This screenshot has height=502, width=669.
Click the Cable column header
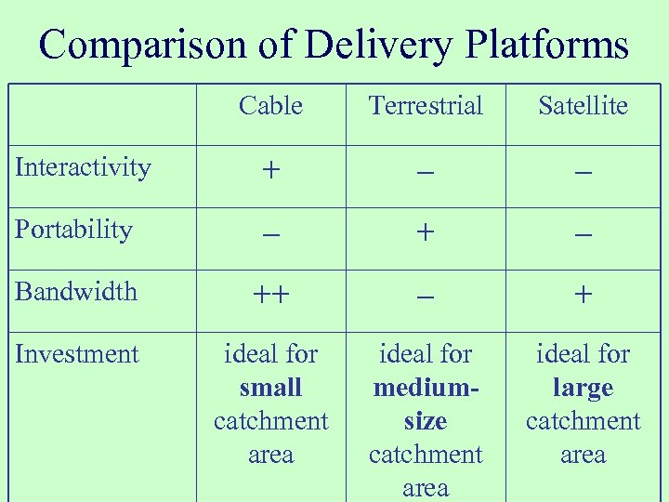(x=270, y=106)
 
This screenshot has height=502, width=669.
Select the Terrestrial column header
(x=426, y=106)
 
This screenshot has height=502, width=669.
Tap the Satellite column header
(x=583, y=106)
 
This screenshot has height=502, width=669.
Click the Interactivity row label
(x=83, y=167)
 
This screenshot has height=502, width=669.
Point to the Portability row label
(x=73, y=230)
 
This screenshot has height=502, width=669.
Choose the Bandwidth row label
(x=76, y=292)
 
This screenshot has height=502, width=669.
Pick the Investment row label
(x=77, y=354)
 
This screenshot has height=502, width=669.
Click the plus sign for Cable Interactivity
(x=270, y=172)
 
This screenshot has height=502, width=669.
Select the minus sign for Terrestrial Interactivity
(x=426, y=174)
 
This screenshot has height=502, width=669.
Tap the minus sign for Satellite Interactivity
(x=583, y=174)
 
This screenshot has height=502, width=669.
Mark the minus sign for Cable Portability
(x=270, y=236)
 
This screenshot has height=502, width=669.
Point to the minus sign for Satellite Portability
(x=583, y=236)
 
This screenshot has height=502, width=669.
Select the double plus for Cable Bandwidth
(x=270, y=296)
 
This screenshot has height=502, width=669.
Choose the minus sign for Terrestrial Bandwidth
(x=426, y=297)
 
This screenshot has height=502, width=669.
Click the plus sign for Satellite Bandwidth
(x=583, y=296)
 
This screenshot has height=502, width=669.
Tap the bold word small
(x=270, y=388)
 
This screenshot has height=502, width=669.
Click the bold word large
(x=583, y=389)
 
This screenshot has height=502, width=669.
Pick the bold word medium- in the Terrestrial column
(x=426, y=388)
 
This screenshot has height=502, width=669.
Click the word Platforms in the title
(x=547, y=45)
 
